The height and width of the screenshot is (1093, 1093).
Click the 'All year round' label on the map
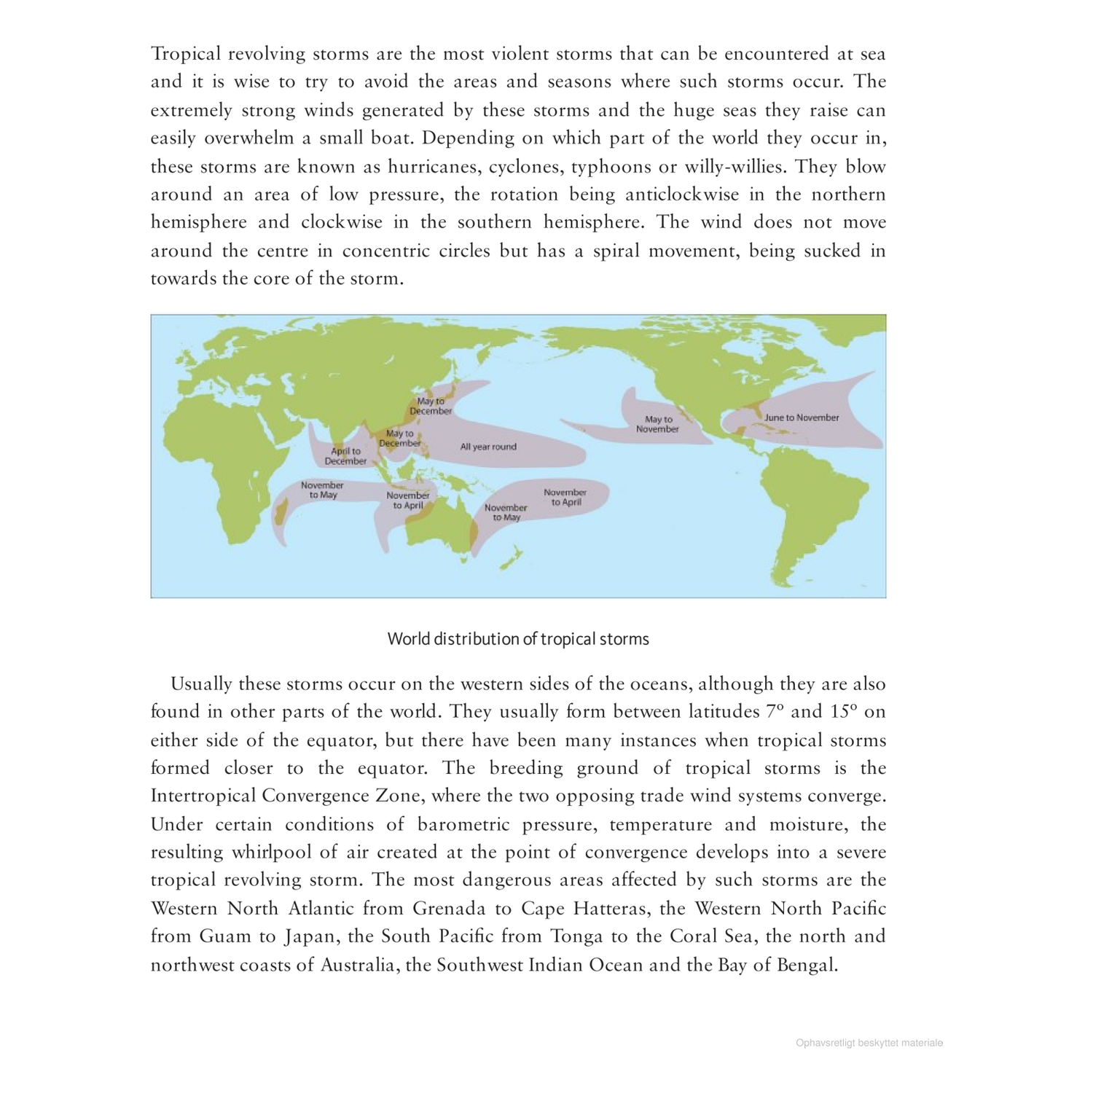[x=488, y=447]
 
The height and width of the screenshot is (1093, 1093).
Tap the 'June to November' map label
[x=802, y=418]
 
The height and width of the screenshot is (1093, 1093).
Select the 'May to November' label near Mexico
[x=657, y=424]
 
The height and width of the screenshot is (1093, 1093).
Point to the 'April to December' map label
[x=345, y=456]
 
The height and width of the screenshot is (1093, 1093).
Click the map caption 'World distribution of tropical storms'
[x=518, y=639]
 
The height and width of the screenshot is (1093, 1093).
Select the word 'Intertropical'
[x=203, y=796]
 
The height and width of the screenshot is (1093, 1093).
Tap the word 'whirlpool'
[x=272, y=853]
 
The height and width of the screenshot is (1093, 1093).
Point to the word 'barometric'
[x=466, y=824]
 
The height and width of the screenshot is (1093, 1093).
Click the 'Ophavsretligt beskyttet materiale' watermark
[x=869, y=1043]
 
